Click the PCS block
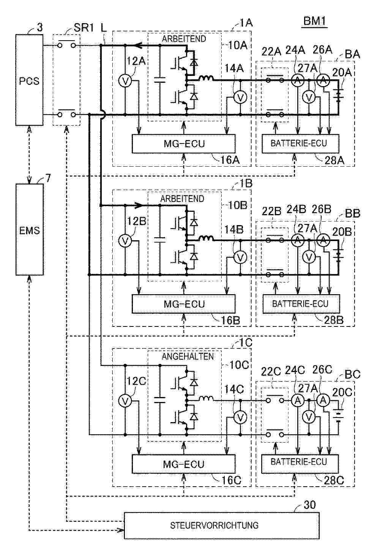coord(29,80)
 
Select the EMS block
coord(30,230)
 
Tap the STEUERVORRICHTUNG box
coord(221,526)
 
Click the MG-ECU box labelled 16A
coord(184,143)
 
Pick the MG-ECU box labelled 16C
coord(184,464)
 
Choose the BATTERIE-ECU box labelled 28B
coord(301,304)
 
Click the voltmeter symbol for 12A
coord(125,81)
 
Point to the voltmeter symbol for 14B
coord(240,257)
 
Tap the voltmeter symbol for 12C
coord(125,401)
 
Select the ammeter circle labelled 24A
coord(298,80)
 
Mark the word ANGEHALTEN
coord(188,356)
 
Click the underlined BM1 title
coord(315,21)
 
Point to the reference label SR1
coord(84,28)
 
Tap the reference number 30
coord(309,504)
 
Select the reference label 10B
coord(237,205)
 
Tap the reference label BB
coord(353,213)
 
